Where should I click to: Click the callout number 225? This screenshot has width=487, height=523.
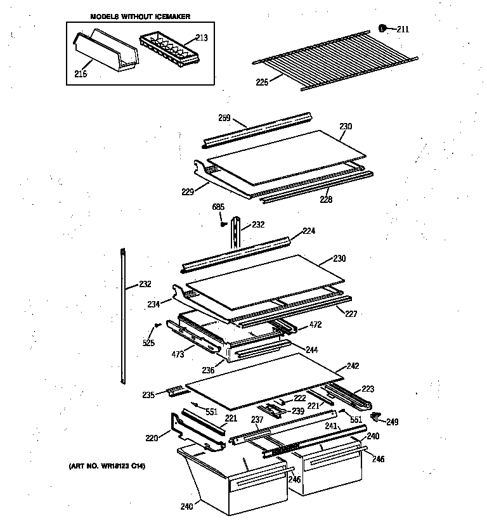(261, 81)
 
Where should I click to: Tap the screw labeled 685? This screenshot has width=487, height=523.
(223, 223)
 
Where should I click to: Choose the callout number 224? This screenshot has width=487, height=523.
(309, 231)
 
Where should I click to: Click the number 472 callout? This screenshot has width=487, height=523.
(316, 326)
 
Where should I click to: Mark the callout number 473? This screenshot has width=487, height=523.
(178, 355)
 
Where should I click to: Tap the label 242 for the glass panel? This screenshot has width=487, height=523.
(352, 366)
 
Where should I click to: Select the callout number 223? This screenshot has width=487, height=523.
(368, 390)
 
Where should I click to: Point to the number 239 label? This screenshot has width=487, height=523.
(297, 411)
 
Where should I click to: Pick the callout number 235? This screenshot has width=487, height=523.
(148, 395)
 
